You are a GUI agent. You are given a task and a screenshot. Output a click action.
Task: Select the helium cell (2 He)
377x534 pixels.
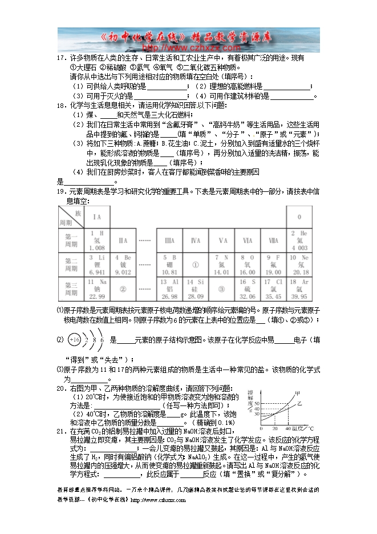coord(299,240)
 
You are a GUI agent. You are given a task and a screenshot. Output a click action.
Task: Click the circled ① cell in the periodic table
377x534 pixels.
coord(194,265)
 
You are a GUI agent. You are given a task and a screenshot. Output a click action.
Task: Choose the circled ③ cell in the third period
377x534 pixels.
coord(222,289)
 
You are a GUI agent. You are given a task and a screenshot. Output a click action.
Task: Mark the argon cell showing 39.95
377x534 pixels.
coord(299,289)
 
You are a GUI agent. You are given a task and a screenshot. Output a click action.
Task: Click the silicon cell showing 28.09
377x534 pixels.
coord(195,289)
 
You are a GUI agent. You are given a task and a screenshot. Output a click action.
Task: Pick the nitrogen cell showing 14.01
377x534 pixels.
coord(222,265)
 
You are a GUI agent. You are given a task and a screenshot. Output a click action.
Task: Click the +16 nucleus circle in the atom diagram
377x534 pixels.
coord(74,340)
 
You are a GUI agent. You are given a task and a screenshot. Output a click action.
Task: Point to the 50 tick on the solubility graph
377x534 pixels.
coord(256,404)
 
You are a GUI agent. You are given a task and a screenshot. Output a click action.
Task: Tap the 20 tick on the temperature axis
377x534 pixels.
coord(274,428)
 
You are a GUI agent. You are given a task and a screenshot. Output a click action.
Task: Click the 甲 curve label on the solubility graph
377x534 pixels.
coord(297,392)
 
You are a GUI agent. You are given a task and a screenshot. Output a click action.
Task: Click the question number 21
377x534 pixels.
coord(59,431)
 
